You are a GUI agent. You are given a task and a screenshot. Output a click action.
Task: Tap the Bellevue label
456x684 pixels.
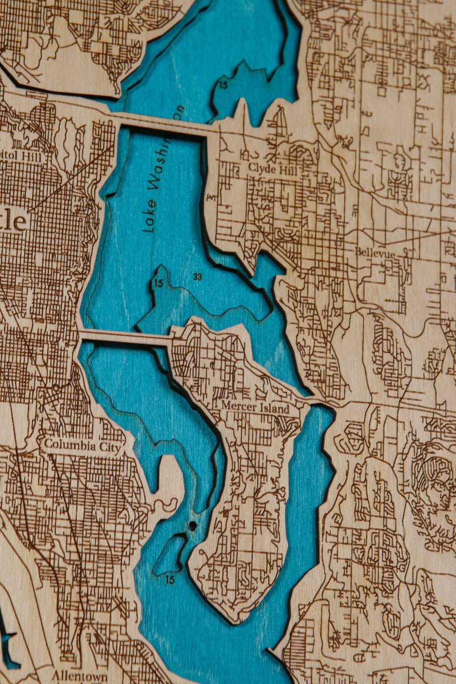pos(374,251)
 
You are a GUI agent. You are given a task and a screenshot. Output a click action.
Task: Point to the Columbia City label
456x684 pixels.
pos(83,446)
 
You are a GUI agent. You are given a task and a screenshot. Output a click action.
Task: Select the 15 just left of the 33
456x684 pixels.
pos(158,283)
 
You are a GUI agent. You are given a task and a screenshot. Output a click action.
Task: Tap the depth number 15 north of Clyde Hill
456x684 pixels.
pos(223,85)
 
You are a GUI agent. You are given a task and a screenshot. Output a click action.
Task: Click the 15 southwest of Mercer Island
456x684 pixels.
pos(170,580)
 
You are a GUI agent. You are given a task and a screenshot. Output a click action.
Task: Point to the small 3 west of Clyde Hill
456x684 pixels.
pos(211,197)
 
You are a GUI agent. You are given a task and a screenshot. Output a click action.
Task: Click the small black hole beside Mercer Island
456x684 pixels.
pos(193,525)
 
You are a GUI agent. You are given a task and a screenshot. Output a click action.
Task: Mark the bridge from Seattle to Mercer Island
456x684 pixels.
pos(125,337)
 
